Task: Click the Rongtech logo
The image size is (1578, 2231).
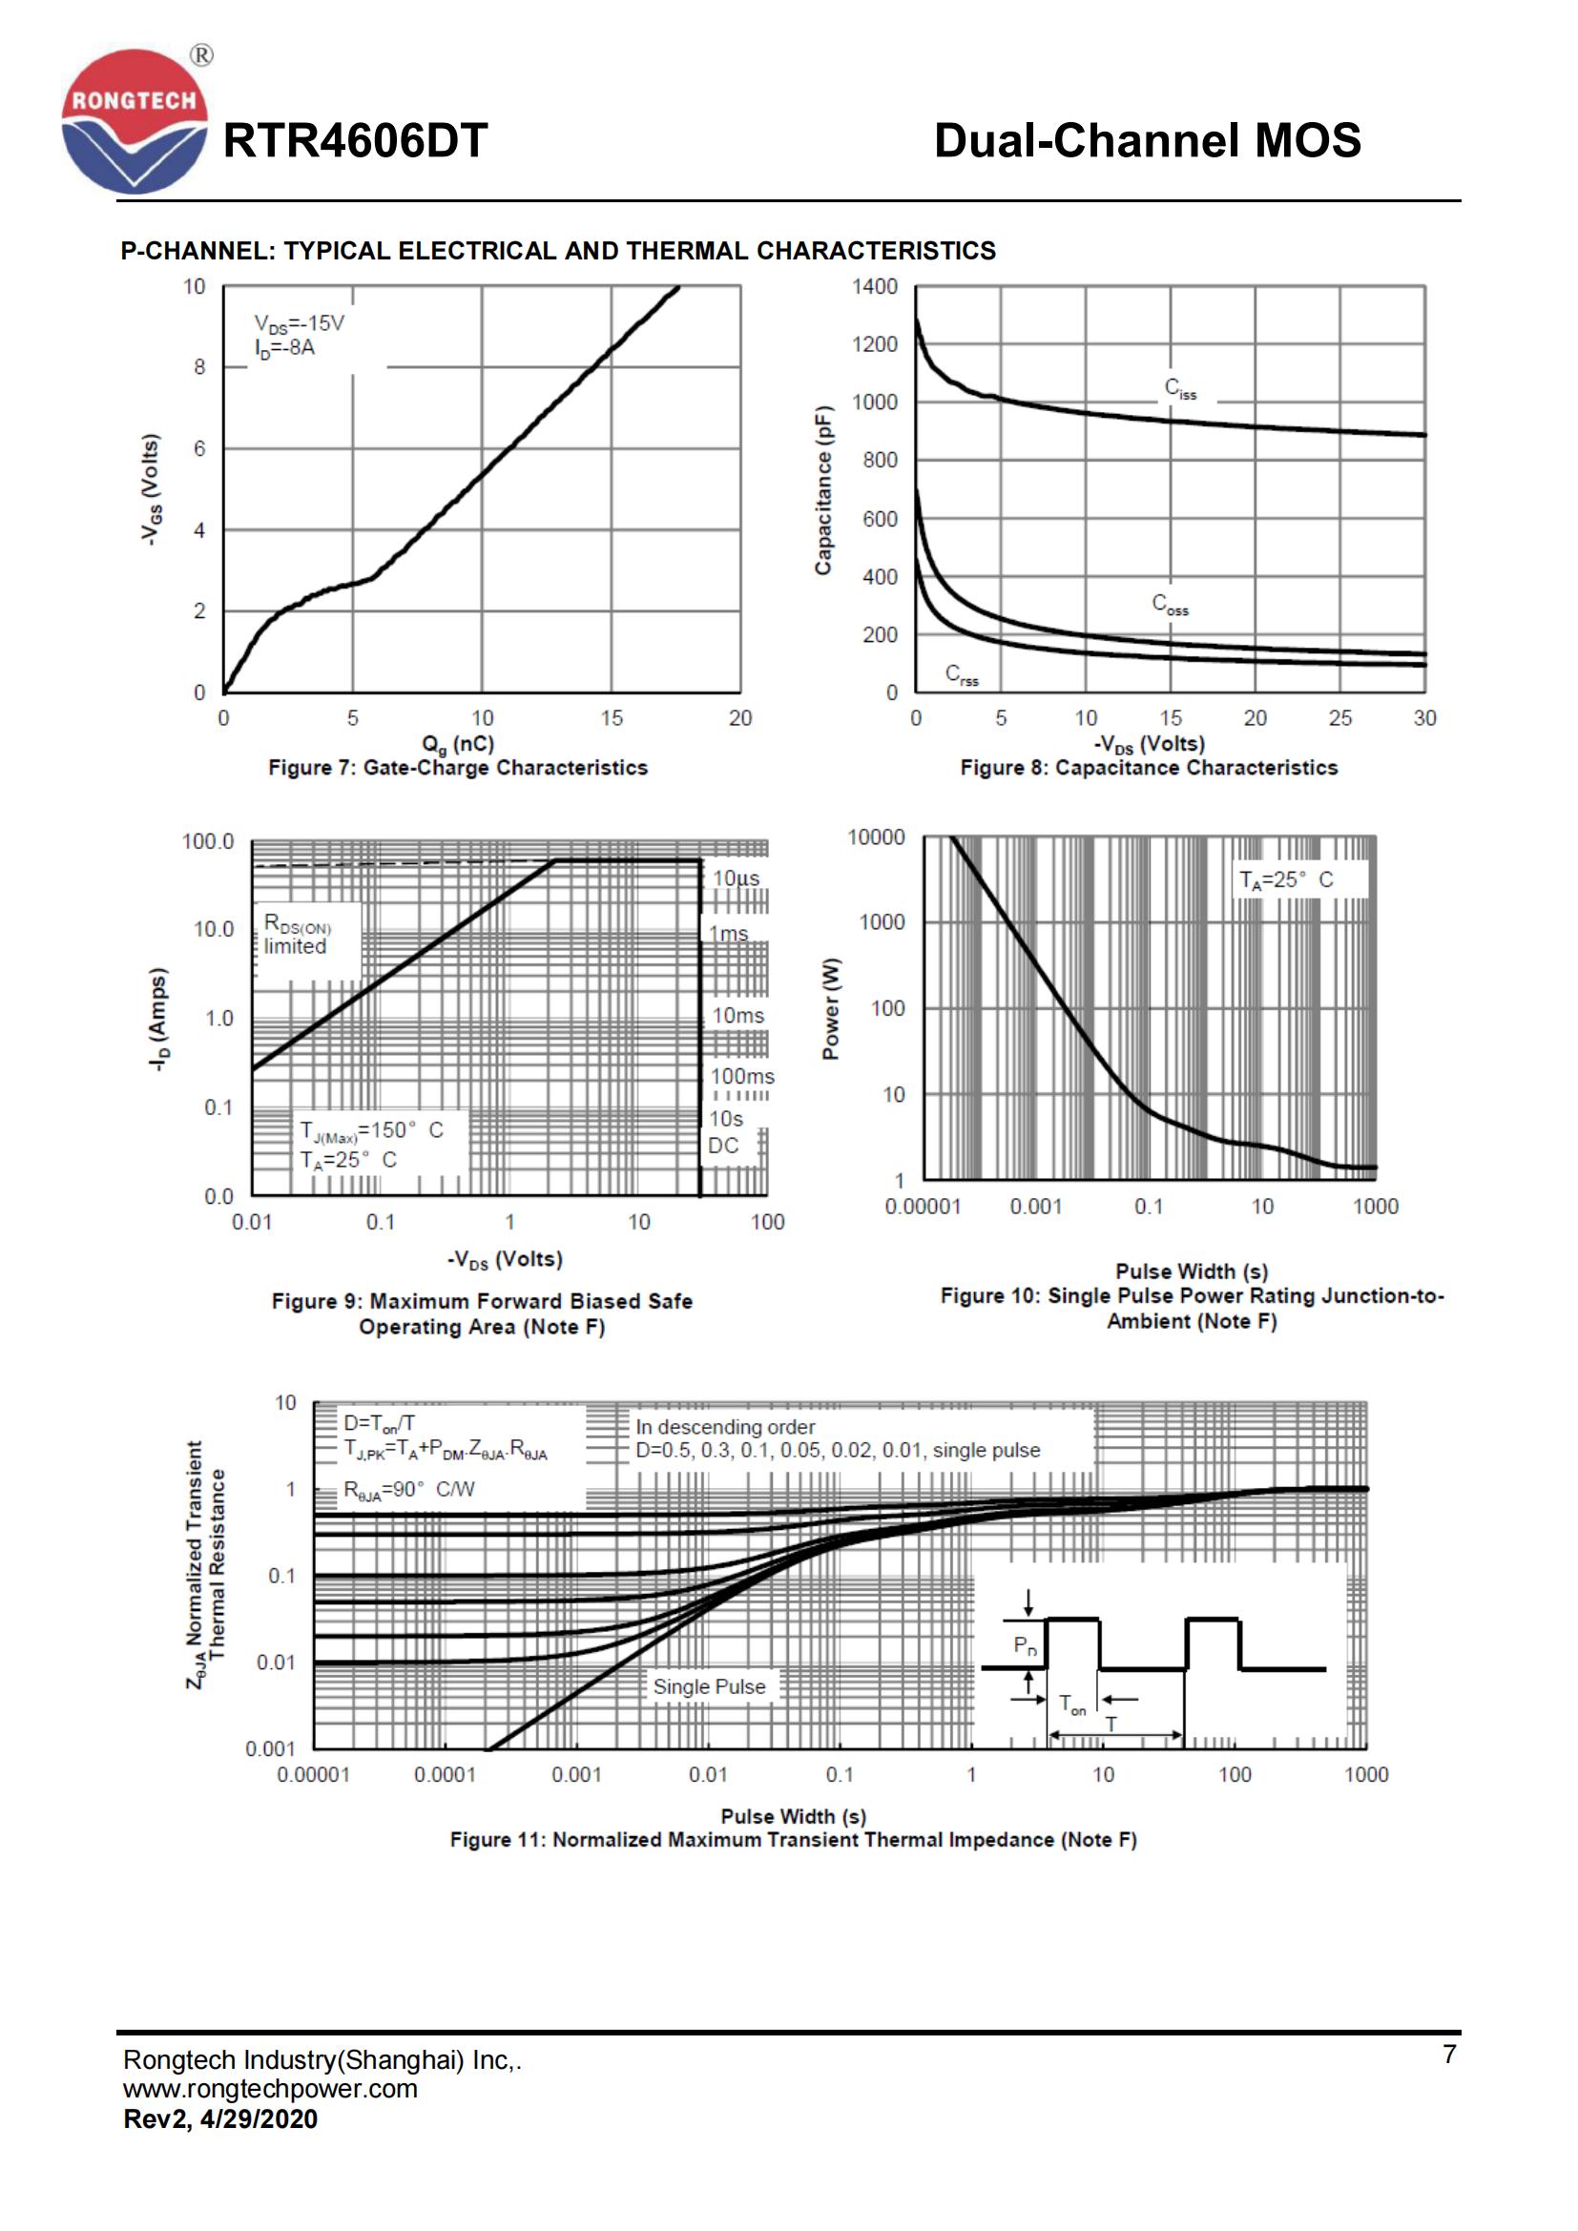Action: pos(135,120)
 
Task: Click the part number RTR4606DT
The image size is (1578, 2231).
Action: pos(356,141)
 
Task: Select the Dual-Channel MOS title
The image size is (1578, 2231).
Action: pos(1147,141)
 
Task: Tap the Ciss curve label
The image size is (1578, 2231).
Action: pos(1180,388)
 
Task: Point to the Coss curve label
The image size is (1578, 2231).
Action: pos(1170,605)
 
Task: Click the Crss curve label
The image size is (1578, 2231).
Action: pos(962,674)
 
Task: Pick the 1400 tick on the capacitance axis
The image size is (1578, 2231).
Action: pos(875,287)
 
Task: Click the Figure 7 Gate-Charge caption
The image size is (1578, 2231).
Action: pos(458,768)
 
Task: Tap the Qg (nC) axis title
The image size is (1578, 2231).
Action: pos(458,744)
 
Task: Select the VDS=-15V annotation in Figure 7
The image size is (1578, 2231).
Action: pos(299,323)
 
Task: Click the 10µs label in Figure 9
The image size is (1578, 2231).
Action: pos(737,878)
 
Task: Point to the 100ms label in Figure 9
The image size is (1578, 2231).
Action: pos(742,1077)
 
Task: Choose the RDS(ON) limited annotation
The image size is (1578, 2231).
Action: pos(298,935)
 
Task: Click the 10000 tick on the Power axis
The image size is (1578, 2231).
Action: pos(876,837)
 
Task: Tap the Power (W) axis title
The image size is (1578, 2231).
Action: pos(831,1008)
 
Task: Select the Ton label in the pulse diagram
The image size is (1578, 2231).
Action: pos(1072,1704)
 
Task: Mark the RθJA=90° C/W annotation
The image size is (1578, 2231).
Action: pos(409,1490)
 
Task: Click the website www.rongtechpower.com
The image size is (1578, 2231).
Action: pos(270,2088)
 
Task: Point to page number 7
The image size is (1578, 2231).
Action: pos(1449,2055)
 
